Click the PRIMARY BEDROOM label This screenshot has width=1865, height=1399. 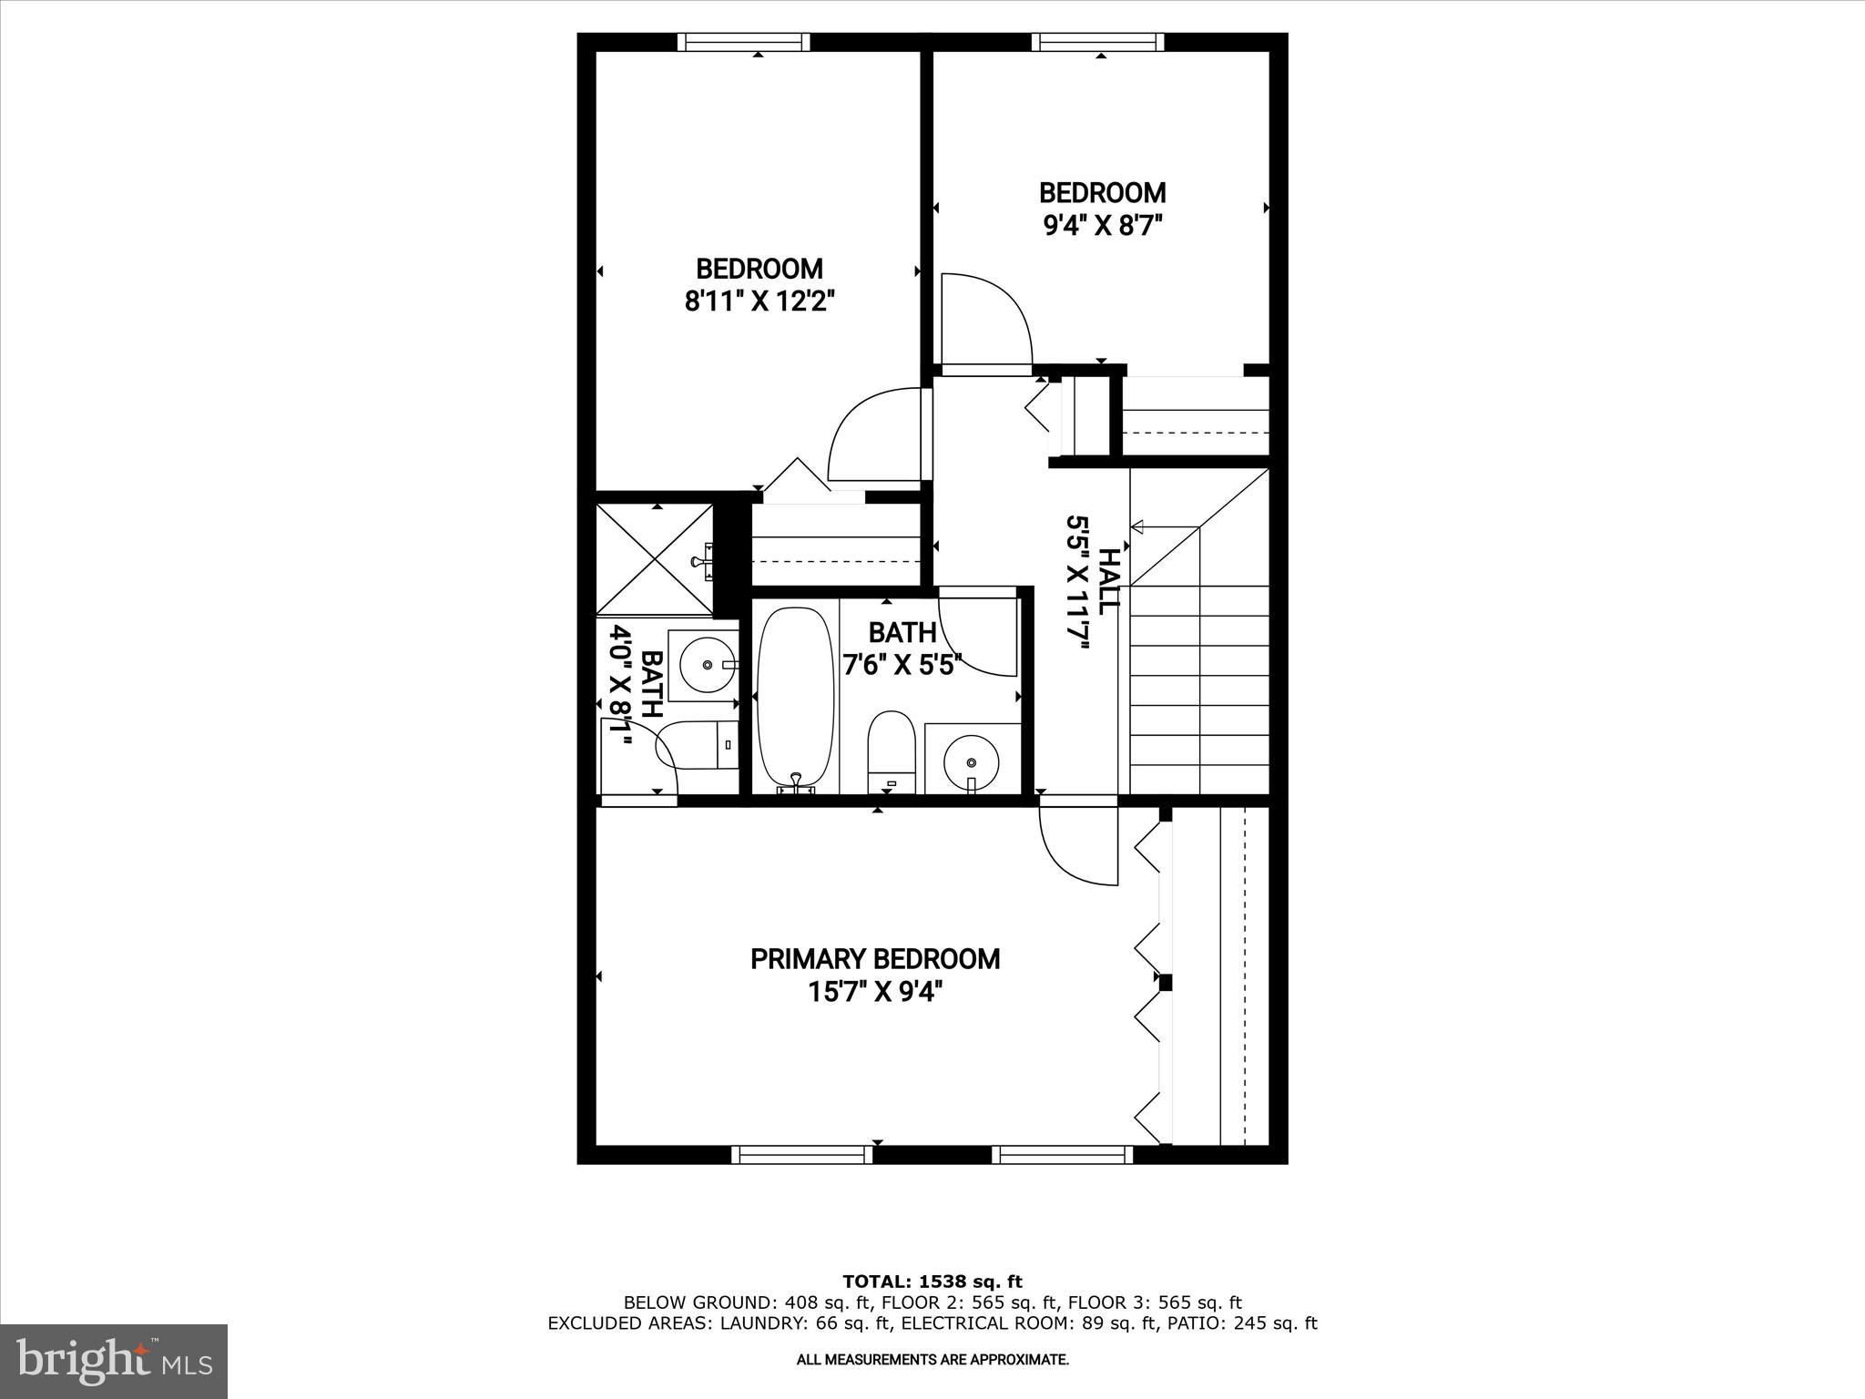874,959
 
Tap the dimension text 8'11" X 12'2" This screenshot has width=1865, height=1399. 759,301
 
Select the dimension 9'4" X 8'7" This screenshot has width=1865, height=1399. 1103,225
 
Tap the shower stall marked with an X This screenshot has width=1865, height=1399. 655,558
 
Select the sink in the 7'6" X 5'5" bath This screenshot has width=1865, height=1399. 971,758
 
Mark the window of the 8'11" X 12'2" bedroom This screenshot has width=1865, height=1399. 743,42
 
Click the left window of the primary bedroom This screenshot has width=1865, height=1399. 801,1154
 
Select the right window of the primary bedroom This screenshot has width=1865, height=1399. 1062,1154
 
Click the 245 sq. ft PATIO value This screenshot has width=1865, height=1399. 1275,1322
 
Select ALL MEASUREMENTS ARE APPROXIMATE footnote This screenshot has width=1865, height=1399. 932,1360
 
